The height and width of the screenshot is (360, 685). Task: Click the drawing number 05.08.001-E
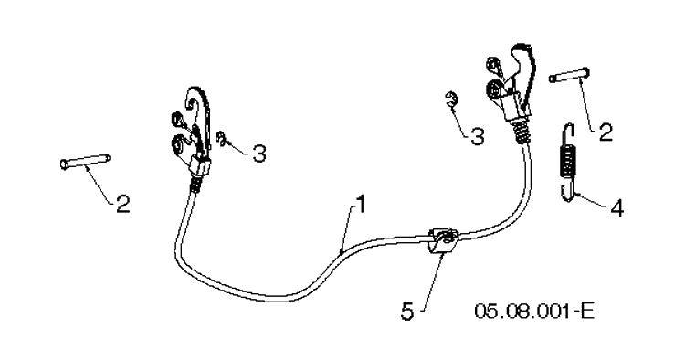(534, 312)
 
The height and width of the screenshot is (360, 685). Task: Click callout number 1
(360, 205)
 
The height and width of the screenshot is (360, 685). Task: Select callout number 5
(407, 312)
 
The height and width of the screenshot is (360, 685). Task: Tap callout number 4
(616, 208)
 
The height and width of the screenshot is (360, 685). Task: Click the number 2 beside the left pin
(123, 204)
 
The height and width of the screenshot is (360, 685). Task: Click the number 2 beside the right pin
(606, 132)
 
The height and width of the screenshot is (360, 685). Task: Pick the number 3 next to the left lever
(259, 154)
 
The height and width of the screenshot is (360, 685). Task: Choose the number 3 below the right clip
(478, 136)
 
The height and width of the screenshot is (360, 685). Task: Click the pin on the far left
(85, 161)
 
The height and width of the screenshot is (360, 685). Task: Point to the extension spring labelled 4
(567, 163)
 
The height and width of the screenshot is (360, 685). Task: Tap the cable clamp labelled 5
(443, 240)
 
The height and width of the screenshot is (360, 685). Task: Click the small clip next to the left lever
(222, 139)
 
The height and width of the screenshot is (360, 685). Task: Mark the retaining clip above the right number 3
(451, 100)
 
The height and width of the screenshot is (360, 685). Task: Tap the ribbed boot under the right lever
(523, 130)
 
